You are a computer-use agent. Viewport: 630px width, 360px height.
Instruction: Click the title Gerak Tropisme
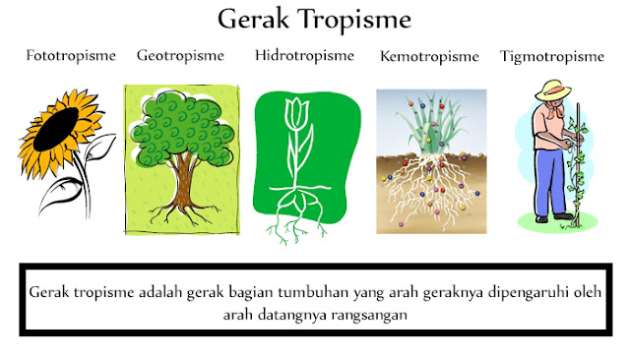coord(314,20)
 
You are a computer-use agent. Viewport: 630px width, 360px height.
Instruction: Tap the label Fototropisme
coord(71,55)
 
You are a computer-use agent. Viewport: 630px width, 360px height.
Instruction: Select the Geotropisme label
coord(180,55)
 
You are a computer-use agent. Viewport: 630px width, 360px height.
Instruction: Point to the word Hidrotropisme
coord(304,55)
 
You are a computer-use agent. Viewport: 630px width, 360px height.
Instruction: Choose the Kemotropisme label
coord(429,56)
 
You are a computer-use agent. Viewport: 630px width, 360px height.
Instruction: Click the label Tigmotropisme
coord(551,56)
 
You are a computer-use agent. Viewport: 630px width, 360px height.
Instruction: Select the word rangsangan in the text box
coord(359,318)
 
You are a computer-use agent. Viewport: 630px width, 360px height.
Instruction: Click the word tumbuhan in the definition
coord(312,293)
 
